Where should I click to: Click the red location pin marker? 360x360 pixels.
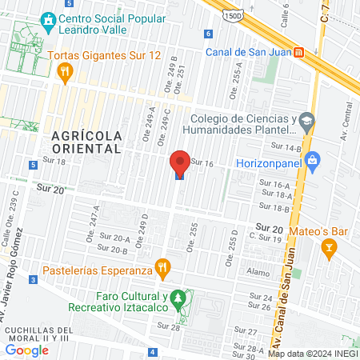[180, 162]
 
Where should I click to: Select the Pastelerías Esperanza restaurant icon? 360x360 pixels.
[162, 266]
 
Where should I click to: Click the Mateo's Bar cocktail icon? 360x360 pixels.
[327, 250]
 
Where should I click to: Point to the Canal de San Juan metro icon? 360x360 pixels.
[298, 53]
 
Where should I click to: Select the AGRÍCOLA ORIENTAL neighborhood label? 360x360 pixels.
[86, 142]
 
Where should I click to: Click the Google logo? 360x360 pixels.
[26, 350]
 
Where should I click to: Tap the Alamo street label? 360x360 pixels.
[258, 273]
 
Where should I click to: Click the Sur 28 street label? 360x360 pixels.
[170, 326]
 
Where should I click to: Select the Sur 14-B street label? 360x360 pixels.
[286, 147]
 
